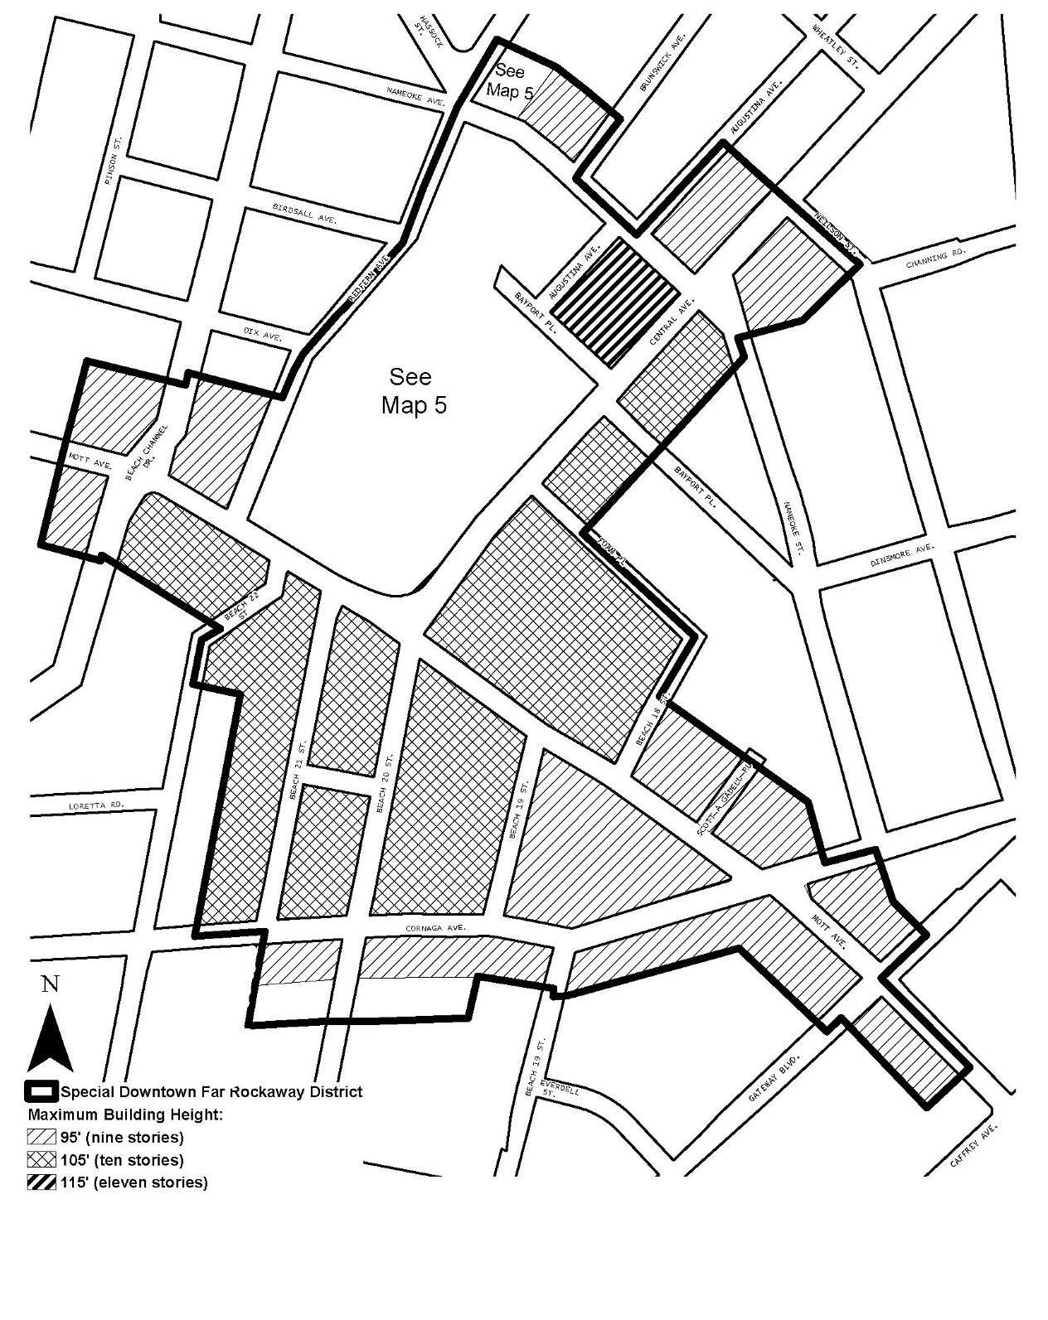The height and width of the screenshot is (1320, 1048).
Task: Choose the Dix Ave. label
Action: click(x=263, y=335)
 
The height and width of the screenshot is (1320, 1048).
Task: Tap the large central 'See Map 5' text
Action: click(x=412, y=390)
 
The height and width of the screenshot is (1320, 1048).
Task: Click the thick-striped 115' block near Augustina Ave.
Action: click(x=616, y=302)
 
